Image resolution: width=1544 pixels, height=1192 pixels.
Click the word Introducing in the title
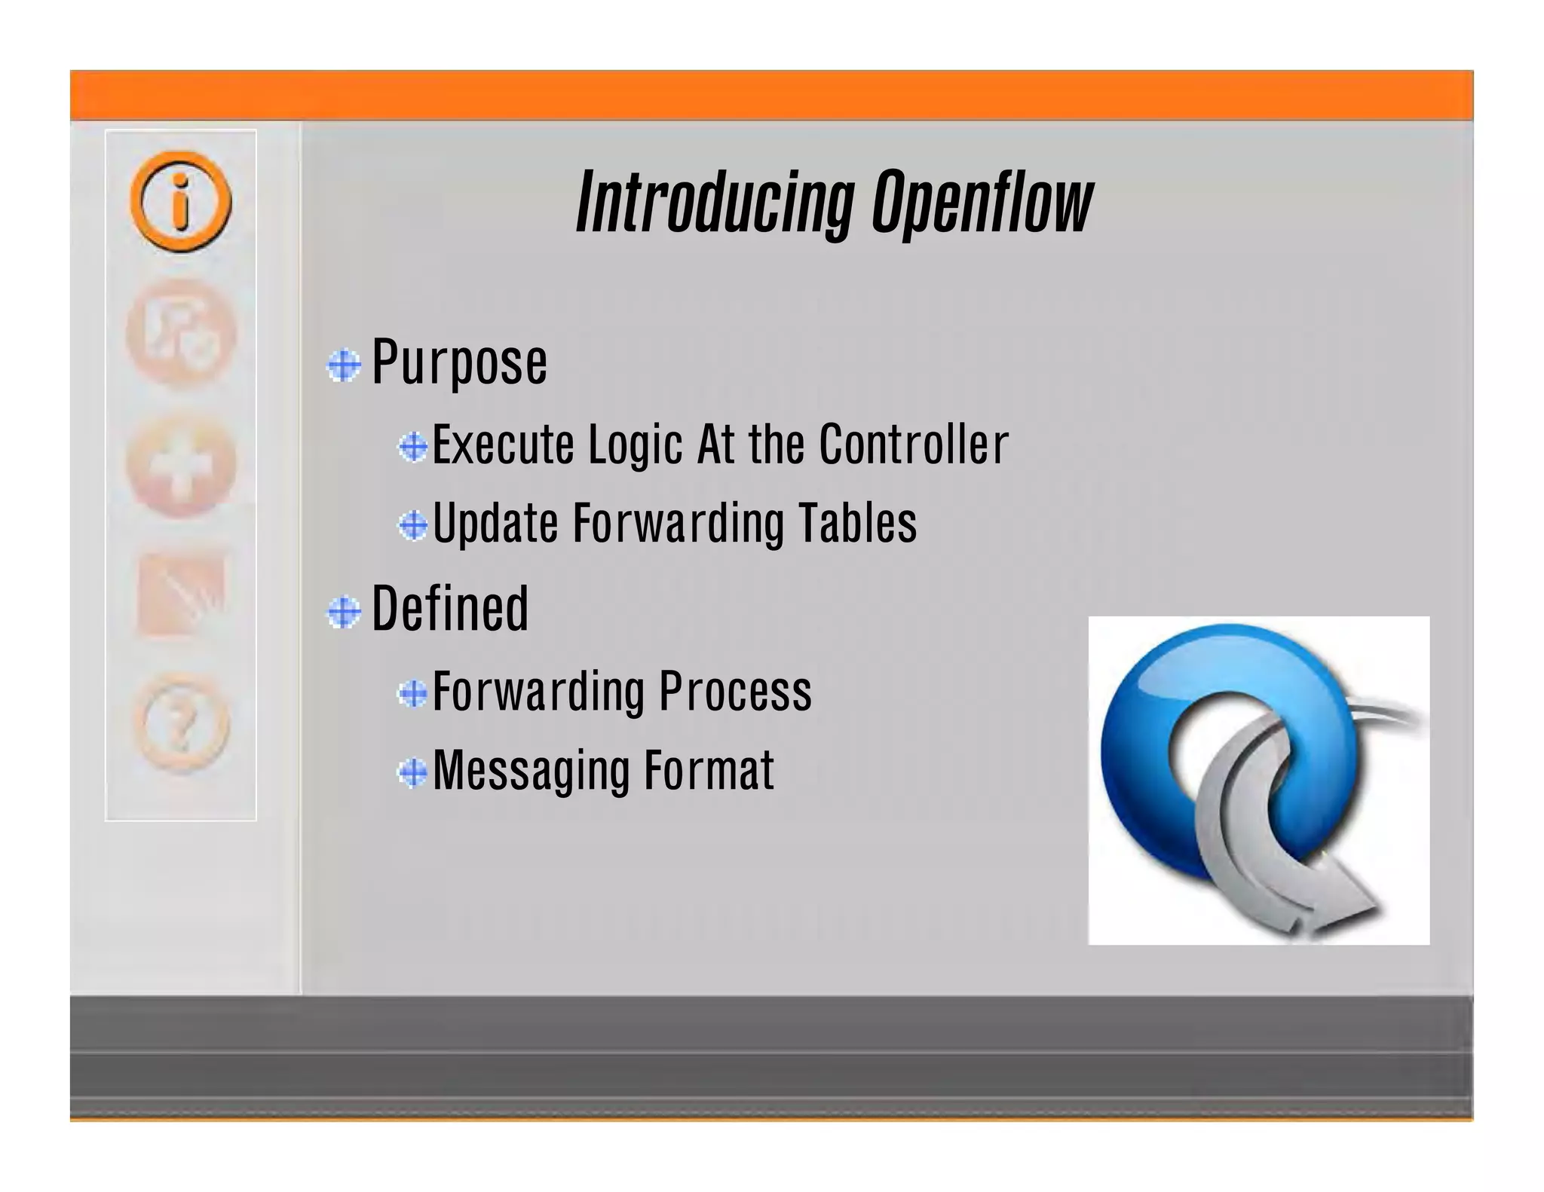(x=715, y=202)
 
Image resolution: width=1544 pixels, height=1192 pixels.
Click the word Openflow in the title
(x=982, y=202)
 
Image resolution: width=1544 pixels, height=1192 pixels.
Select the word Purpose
(x=459, y=363)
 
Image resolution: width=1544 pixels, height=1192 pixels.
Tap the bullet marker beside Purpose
(x=344, y=366)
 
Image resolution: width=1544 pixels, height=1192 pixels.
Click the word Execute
(x=503, y=445)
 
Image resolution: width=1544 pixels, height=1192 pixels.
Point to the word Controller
(x=913, y=445)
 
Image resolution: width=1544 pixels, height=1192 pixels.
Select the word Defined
(x=450, y=609)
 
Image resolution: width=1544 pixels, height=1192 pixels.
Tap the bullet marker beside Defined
(x=344, y=612)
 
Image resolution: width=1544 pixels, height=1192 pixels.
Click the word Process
(x=735, y=692)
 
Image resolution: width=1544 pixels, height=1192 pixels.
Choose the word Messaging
(x=531, y=771)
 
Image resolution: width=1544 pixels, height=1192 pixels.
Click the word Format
(x=709, y=771)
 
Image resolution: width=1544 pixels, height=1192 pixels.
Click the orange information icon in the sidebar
(x=181, y=201)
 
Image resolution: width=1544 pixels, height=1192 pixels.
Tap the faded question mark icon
(x=181, y=723)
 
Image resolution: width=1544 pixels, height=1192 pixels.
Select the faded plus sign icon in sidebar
(x=181, y=467)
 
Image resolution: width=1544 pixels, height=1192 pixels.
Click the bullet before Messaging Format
(x=412, y=772)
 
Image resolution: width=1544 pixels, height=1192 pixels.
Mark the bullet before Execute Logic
(x=413, y=447)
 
